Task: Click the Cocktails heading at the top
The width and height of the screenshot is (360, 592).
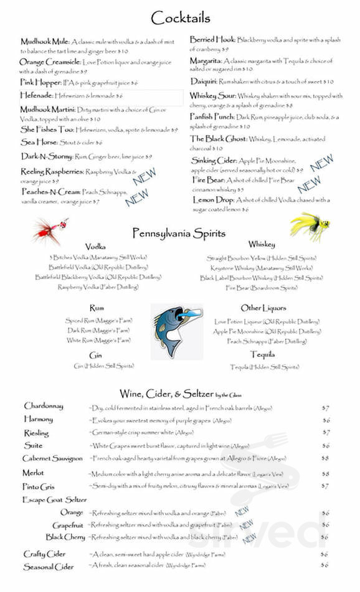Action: (x=181, y=17)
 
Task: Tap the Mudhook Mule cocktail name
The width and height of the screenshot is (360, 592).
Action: (x=45, y=42)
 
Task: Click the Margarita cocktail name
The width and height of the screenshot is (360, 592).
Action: (x=206, y=61)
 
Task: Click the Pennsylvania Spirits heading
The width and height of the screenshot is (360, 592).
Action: (x=178, y=233)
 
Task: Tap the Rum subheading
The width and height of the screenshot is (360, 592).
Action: (x=97, y=308)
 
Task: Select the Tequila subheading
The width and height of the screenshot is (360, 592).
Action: (x=262, y=355)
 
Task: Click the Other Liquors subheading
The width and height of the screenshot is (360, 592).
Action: (x=263, y=308)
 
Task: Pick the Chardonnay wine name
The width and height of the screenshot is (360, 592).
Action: (x=44, y=406)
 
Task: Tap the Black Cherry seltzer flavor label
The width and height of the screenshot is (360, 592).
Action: (x=65, y=537)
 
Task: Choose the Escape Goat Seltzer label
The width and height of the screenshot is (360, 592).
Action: (x=54, y=500)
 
